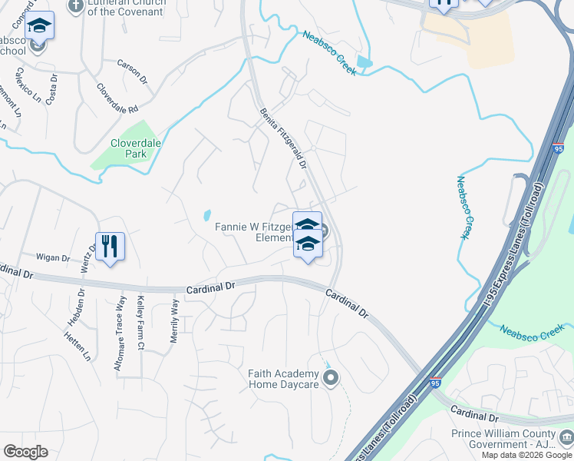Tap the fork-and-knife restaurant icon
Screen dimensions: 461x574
click(x=110, y=247)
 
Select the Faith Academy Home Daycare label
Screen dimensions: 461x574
click(x=282, y=379)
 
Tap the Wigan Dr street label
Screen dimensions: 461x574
click(x=53, y=258)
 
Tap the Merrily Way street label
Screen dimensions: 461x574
click(x=175, y=322)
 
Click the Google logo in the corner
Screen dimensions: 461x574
click(x=25, y=452)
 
